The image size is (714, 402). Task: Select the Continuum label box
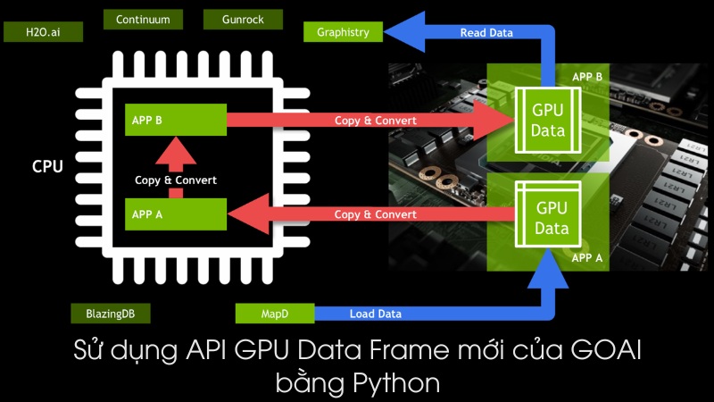(143, 19)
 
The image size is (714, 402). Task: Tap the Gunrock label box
(243, 19)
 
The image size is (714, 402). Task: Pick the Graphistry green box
(343, 33)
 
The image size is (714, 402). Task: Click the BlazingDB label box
(111, 314)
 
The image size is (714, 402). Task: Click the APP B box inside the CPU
(175, 120)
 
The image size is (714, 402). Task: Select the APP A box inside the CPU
(175, 214)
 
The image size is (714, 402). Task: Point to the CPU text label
(47, 166)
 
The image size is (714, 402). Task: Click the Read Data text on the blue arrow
(486, 33)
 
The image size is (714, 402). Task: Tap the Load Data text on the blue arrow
(375, 314)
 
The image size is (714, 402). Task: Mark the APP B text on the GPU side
(586, 77)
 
